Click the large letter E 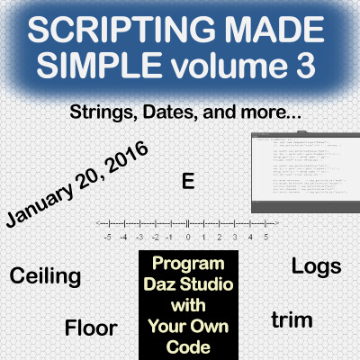pos(187,181)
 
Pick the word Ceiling pos(45,275)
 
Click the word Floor pos(88,326)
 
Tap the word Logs pos(316,266)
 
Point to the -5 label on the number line pos(108,238)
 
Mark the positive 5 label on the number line pos(265,238)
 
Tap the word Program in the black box pos(184,266)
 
